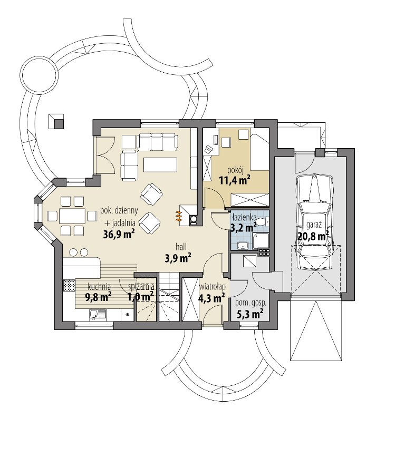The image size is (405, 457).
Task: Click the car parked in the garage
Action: coord(314,222)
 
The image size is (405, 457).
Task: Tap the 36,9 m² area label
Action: coord(119,234)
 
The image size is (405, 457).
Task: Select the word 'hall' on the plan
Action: coord(181,247)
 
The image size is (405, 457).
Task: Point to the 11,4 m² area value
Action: coord(235,180)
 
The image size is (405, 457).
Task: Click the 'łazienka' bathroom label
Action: coord(244,217)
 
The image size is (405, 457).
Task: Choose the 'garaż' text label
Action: coord(314,225)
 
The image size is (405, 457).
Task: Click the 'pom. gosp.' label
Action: coord(250,303)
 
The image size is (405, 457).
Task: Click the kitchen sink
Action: coord(98,315)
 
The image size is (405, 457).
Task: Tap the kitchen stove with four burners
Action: coord(69,285)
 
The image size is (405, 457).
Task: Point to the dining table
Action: coord(72,216)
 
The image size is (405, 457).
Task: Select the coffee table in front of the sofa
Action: coord(160,164)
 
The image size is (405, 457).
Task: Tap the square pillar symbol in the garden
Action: coord(55,121)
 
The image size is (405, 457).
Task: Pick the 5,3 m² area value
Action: coord(250,314)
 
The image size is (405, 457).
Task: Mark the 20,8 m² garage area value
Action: coord(313,236)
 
